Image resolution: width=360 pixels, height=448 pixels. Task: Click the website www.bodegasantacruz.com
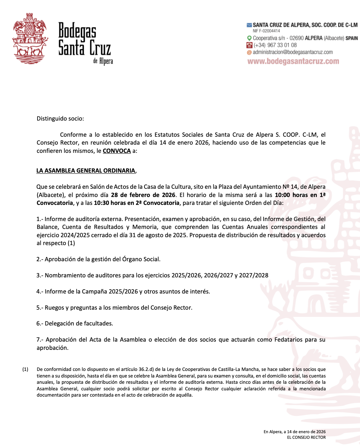click(293, 61)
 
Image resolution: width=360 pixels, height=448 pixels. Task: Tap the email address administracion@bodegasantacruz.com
click(293, 52)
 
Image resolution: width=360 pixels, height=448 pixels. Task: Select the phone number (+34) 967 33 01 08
click(275, 45)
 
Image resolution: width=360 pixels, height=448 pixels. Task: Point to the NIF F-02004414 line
click(266, 31)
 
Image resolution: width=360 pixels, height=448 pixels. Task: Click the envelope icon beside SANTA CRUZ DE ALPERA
click(249, 25)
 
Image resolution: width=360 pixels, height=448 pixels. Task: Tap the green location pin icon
click(249, 38)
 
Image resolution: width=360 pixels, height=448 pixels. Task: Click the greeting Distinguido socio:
click(60, 119)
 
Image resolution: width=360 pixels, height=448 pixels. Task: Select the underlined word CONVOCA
click(117, 151)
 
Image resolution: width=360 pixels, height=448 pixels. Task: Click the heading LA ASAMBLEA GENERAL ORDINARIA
click(86, 171)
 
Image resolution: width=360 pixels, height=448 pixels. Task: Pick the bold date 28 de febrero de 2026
click(143, 195)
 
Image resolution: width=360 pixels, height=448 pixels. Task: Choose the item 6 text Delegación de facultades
click(79, 323)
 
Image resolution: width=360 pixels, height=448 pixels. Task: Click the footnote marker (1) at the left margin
click(25, 369)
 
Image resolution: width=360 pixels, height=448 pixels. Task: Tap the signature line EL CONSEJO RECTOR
click(306, 437)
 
